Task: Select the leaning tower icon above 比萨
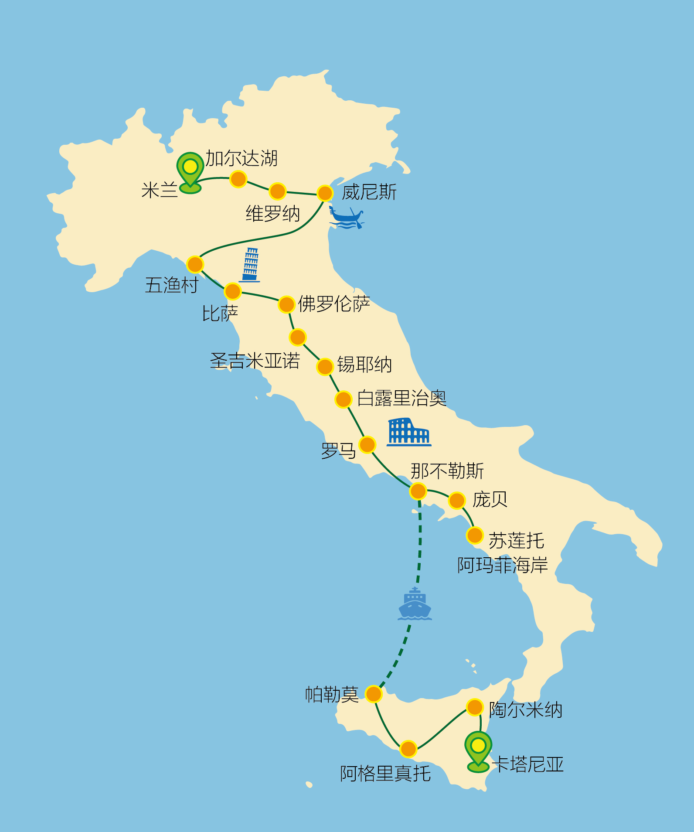pyautogui.click(x=251, y=265)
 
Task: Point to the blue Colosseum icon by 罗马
pyautogui.click(x=409, y=432)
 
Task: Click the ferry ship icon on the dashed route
pyautogui.click(x=415, y=604)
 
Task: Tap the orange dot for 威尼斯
pyautogui.click(x=325, y=193)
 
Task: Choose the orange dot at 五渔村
pyautogui.click(x=195, y=264)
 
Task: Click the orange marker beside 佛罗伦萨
pyautogui.click(x=286, y=304)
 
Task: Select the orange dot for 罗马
pyautogui.click(x=367, y=445)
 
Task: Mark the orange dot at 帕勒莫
pyautogui.click(x=374, y=694)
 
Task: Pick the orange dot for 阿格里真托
pyautogui.click(x=408, y=749)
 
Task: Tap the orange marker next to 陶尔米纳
pyautogui.click(x=475, y=707)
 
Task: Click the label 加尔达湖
pyautogui.click(x=242, y=158)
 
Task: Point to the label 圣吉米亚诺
pyautogui.click(x=255, y=361)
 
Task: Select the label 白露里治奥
pyautogui.click(x=401, y=399)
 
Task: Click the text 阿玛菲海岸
pyautogui.click(x=502, y=566)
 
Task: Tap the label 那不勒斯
pyautogui.click(x=447, y=471)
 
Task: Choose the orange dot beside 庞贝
pyautogui.click(x=457, y=501)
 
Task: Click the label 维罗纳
pyautogui.click(x=272, y=214)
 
